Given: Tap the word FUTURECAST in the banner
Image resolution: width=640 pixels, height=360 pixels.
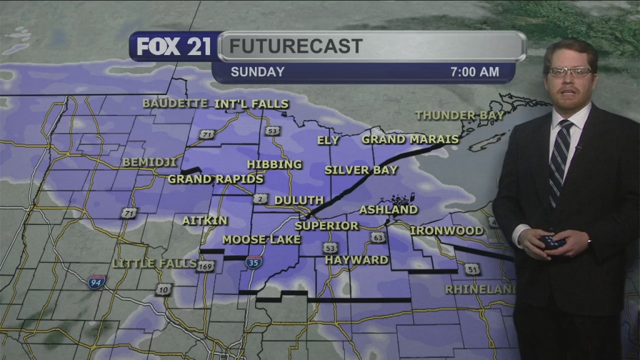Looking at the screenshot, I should pos(295,46).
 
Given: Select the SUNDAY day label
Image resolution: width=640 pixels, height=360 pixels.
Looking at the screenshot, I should pos(257,72).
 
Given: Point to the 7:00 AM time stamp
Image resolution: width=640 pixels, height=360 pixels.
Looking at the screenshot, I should pos(474,72).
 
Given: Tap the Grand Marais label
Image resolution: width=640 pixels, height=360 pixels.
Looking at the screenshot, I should pos(410,139).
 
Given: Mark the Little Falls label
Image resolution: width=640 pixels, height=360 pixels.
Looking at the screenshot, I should pos(155,263).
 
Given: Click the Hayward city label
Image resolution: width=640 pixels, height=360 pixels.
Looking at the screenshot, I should pos(357,259).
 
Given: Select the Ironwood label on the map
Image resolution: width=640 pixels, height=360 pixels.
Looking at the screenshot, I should pos(446,231).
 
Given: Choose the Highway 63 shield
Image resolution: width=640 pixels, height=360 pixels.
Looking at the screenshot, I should pos(377,237).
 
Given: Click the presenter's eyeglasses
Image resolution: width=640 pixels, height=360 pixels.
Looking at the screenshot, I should pos(570,72).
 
